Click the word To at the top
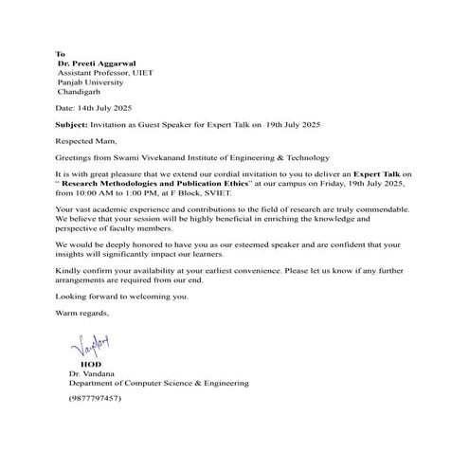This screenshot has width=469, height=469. pos(62,54)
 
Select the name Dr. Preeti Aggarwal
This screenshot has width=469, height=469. pos(98,63)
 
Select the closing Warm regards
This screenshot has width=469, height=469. pos(82,313)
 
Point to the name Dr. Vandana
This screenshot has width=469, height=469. pos(90,373)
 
